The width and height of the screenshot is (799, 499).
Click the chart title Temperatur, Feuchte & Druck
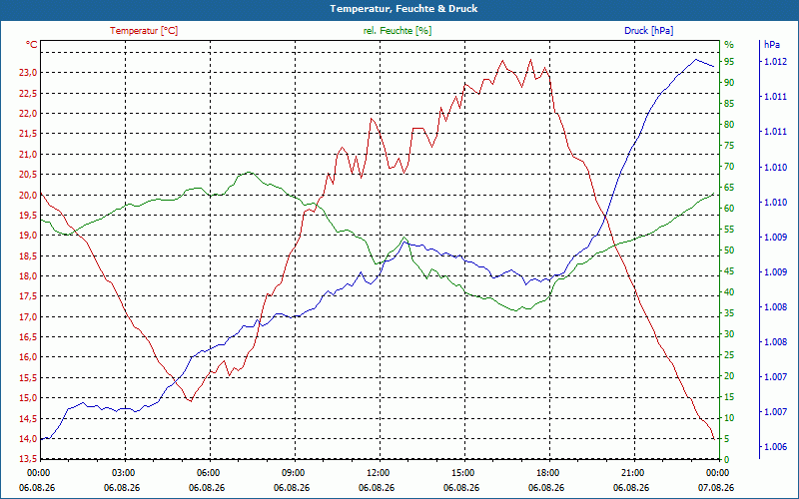point(403,9)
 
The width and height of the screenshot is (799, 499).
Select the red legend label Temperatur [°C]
point(144,31)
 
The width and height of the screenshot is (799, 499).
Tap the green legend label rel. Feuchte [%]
point(397,31)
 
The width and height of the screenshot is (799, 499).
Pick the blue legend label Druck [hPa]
point(648,31)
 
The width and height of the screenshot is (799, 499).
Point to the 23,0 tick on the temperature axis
point(28,73)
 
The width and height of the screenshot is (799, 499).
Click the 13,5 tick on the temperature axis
point(28,459)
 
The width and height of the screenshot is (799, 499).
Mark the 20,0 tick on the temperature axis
point(28,195)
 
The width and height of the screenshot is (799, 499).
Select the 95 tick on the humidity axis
point(729,62)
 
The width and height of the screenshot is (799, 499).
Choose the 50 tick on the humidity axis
point(729,250)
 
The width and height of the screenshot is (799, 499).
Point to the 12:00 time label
point(378,473)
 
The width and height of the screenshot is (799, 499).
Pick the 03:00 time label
point(123,473)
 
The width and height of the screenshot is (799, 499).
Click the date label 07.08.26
point(716,488)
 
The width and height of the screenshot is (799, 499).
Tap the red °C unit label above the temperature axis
point(32,45)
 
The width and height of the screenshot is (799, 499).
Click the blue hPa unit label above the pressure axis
point(771,45)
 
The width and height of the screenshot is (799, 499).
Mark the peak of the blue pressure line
point(695,59)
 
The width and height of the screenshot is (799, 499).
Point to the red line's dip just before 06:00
point(191,401)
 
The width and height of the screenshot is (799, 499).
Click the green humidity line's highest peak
point(248,172)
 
